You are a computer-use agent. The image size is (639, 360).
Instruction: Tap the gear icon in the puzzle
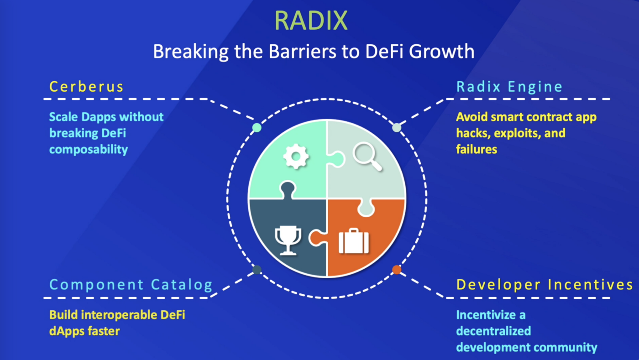tap(296, 156)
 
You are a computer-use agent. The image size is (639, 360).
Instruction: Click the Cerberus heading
tap(86, 87)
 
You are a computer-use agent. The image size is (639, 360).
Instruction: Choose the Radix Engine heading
tap(509, 87)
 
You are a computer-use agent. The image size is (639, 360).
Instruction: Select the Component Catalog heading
tap(131, 285)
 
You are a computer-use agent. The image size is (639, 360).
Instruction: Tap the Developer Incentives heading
tap(545, 285)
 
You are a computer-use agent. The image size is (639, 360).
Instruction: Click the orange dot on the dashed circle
tap(397, 270)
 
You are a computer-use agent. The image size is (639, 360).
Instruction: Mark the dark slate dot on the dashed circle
tap(257, 270)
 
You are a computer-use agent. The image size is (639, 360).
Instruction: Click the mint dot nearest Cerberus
tap(257, 127)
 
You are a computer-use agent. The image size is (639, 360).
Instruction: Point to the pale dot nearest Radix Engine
tap(397, 127)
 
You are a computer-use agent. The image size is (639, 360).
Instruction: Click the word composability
tap(89, 150)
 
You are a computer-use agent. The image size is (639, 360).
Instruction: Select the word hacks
tap(473, 133)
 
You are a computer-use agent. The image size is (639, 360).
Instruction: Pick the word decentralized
tap(493, 331)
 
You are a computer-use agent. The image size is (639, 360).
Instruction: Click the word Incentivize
tap(491, 314)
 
